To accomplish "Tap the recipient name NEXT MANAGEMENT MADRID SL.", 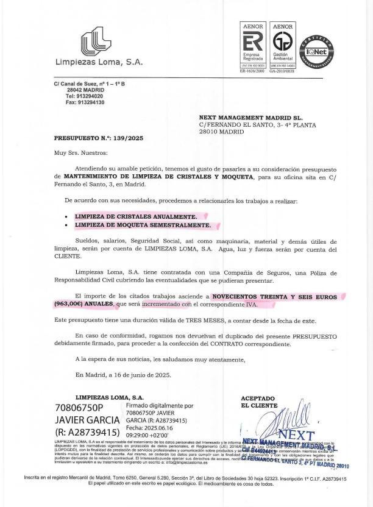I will coord(250,118).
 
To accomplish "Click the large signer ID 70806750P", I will coord(79,407).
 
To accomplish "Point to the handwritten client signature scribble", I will coord(284,420).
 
